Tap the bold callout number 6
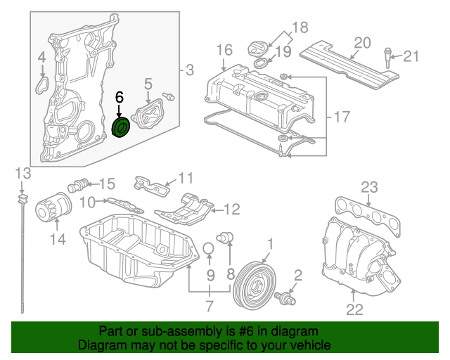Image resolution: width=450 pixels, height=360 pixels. point(120,98)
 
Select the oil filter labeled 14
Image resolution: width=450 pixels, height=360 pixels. point(53,207)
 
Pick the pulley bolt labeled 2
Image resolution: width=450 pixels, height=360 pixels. point(285,298)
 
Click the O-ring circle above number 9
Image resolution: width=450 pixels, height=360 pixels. point(209,249)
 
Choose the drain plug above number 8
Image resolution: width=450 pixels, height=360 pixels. point(225,237)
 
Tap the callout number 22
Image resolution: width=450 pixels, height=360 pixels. point(354,309)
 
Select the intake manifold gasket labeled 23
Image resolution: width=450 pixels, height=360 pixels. point(368,214)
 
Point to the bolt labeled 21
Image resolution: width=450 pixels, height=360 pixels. point(387,58)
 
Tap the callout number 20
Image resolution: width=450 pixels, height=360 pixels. point(362,43)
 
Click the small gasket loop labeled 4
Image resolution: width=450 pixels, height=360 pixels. point(42,84)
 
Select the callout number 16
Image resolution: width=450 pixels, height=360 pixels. point(224,50)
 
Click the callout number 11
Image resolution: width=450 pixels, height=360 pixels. point(186,178)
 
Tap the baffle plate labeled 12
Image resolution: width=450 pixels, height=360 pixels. point(184,210)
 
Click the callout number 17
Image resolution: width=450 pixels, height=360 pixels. point(342,117)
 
